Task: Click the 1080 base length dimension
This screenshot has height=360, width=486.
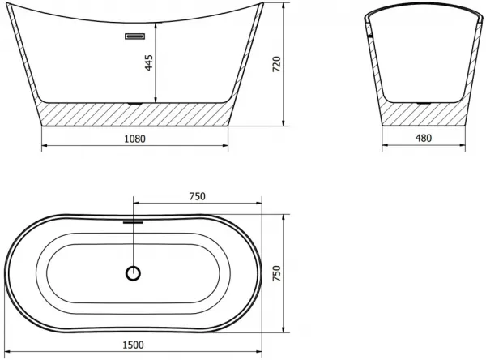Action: [134, 139]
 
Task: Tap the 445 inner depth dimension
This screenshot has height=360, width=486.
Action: [149, 62]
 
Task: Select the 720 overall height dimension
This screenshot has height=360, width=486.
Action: [276, 64]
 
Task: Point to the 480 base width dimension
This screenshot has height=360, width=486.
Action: [424, 138]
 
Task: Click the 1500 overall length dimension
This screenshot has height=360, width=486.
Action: [134, 345]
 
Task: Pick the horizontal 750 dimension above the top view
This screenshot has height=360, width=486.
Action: [198, 196]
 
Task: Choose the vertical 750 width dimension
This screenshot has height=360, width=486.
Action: [276, 273]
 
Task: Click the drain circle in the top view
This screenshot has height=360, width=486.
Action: [134, 273]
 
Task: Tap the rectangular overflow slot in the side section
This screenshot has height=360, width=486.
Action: [134, 36]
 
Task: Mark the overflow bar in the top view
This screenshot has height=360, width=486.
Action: [134, 222]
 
